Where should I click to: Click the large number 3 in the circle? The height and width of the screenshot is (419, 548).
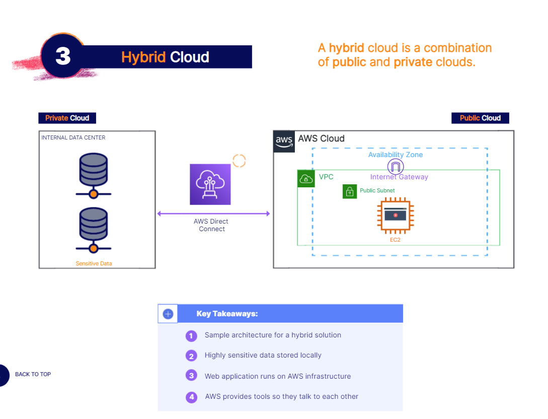click(x=63, y=56)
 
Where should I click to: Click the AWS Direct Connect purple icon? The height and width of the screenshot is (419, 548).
click(x=210, y=184)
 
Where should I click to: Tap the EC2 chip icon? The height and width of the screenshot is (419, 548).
click(x=395, y=216)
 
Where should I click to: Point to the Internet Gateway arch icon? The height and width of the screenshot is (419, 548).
click(x=396, y=167)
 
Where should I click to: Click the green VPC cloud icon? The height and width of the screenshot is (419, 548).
click(x=306, y=178)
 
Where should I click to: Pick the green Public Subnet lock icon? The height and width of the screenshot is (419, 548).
click(x=350, y=191)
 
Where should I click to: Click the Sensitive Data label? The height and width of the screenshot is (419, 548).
click(x=94, y=263)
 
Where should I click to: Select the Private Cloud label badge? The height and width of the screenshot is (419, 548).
click(x=67, y=118)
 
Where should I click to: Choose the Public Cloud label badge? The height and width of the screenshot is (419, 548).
click(x=480, y=118)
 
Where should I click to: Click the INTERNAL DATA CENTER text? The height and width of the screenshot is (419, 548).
click(x=73, y=137)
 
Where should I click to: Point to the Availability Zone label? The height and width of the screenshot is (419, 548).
click(x=396, y=155)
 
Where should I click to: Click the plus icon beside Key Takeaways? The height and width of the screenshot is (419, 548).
click(x=168, y=314)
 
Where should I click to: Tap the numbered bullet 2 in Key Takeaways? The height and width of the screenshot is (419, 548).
click(x=191, y=356)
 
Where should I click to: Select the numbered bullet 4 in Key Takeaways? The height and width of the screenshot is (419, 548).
click(x=191, y=397)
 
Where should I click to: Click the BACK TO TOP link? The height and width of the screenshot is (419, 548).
click(x=33, y=374)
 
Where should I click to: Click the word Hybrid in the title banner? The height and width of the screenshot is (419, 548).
click(x=143, y=57)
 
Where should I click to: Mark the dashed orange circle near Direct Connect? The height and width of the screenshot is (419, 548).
click(x=239, y=161)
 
